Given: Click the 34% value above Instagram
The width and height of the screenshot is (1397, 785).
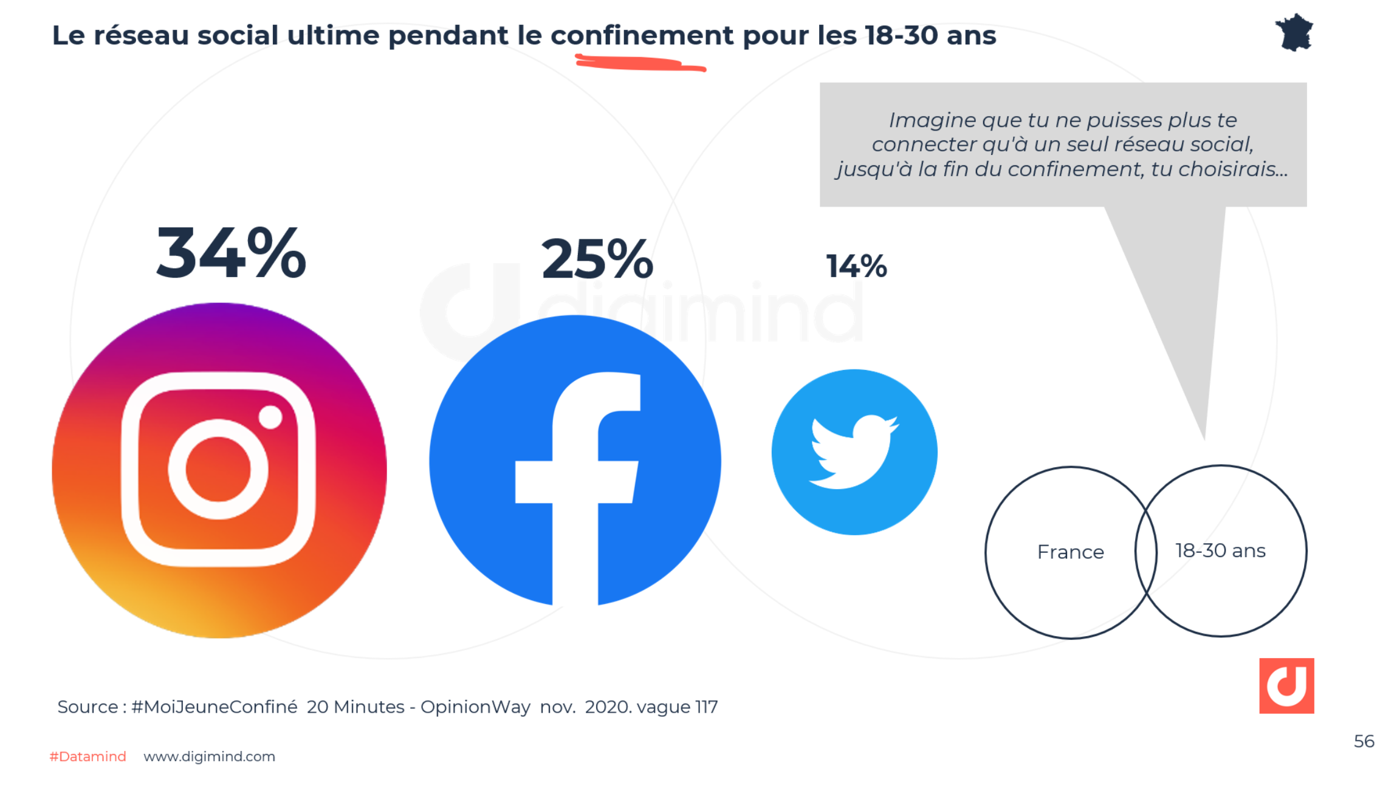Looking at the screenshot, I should (x=231, y=253).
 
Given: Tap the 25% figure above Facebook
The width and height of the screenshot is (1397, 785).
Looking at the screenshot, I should (x=597, y=260).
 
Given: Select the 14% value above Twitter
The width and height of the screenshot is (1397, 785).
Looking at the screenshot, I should (x=856, y=266).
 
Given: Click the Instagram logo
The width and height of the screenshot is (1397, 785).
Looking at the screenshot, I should (x=219, y=470).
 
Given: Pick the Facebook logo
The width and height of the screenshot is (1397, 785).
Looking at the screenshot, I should (x=575, y=461).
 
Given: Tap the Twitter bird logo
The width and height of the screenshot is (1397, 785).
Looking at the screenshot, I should (x=854, y=452).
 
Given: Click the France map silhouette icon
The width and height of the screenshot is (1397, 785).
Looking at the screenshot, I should (x=1294, y=33).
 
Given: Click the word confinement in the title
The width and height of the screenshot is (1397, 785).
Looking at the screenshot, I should (x=642, y=35).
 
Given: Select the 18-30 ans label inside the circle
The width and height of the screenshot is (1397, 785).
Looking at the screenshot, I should (x=1220, y=550).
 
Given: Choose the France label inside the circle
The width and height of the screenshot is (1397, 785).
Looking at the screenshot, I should (x=1070, y=552).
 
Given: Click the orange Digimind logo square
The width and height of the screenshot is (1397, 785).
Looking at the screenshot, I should (x=1286, y=685).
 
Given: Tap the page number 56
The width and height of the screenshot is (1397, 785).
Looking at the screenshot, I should (x=1364, y=741).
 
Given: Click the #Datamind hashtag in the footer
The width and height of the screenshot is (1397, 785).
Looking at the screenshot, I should (x=88, y=756).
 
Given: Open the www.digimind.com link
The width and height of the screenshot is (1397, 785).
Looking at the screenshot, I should (x=209, y=756).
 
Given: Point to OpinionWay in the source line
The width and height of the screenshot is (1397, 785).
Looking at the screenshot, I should (x=475, y=707).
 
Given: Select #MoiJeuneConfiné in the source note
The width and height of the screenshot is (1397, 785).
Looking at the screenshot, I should (x=214, y=707).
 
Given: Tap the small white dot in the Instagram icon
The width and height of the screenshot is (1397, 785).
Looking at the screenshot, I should (x=270, y=417).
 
